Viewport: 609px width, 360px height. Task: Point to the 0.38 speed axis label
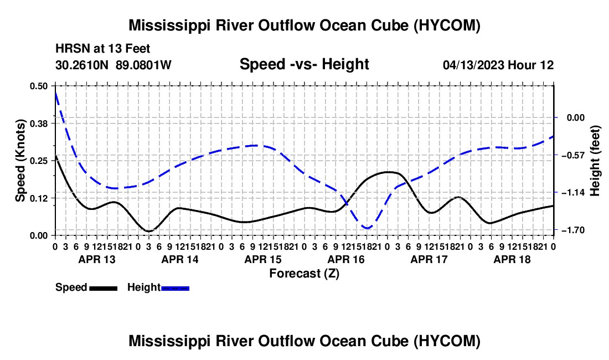[x=39, y=124]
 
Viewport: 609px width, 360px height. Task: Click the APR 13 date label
[x=97, y=259]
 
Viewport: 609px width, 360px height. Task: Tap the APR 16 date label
[x=346, y=259]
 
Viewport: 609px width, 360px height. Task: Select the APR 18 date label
[x=512, y=259]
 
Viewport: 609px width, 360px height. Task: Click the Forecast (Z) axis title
[x=304, y=274]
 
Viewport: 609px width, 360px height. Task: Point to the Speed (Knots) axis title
[x=20, y=161]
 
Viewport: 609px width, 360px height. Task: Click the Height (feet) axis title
[x=595, y=161]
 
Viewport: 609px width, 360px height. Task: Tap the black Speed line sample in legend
[x=104, y=289]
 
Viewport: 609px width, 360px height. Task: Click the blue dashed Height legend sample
[x=175, y=289]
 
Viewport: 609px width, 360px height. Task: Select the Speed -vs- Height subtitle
[x=304, y=64]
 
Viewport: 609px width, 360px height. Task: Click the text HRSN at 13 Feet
[x=102, y=49]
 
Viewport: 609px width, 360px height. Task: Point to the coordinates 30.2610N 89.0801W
[x=113, y=65]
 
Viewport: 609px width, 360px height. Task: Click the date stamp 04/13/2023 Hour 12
[x=498, y=65]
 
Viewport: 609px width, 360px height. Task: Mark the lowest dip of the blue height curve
[x=367, y=228]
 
